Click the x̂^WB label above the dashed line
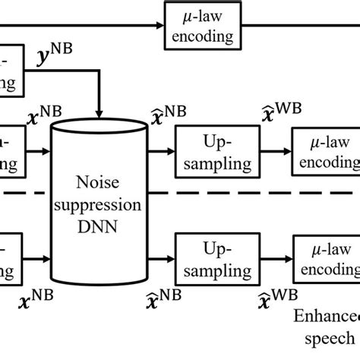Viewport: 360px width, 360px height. click(289, 114)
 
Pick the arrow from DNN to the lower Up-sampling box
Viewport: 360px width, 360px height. click(162, 260)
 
